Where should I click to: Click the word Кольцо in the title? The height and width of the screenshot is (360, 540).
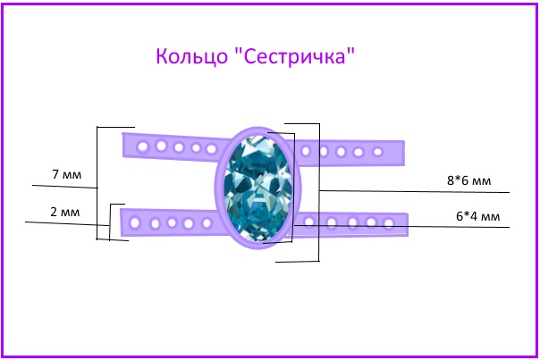click(x=191, y=56)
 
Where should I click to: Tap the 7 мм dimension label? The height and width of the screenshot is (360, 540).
click(x=67, y=174)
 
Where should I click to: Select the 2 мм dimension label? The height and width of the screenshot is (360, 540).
click(x=64, y=212)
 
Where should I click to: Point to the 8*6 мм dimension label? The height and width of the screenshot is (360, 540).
click(x=468, y=180)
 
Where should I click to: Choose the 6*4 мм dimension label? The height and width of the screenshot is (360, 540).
click(x=478, y=216)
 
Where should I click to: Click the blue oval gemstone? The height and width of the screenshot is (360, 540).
click(x=257, y=188)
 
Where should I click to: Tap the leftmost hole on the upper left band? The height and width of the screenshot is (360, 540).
click(x=142, y=147)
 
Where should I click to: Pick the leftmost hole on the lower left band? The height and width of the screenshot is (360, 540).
click(x=135, y=222)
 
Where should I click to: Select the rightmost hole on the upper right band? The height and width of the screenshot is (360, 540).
click(x=378, y=152)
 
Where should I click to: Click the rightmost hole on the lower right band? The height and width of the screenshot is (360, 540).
click(x=389, y=223)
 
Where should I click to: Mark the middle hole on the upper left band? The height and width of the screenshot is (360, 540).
click(x=179, y=147)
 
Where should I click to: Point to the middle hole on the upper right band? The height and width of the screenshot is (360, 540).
click(x=341, y=152)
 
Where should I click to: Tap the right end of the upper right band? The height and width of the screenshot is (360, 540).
click(x=404, y=153)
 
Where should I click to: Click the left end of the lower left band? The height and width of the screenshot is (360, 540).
click(x=122, y=222)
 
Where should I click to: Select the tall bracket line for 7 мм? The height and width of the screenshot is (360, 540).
click(x=97, y=183)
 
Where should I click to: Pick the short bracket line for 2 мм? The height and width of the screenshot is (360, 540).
click(x=110, y=222)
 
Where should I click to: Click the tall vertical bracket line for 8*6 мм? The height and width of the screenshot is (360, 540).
click(x=319, y=192)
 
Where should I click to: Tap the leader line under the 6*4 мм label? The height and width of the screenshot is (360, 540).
click(x=401, y=227)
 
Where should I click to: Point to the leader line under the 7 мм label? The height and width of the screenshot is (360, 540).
click(x=64, y=187)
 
